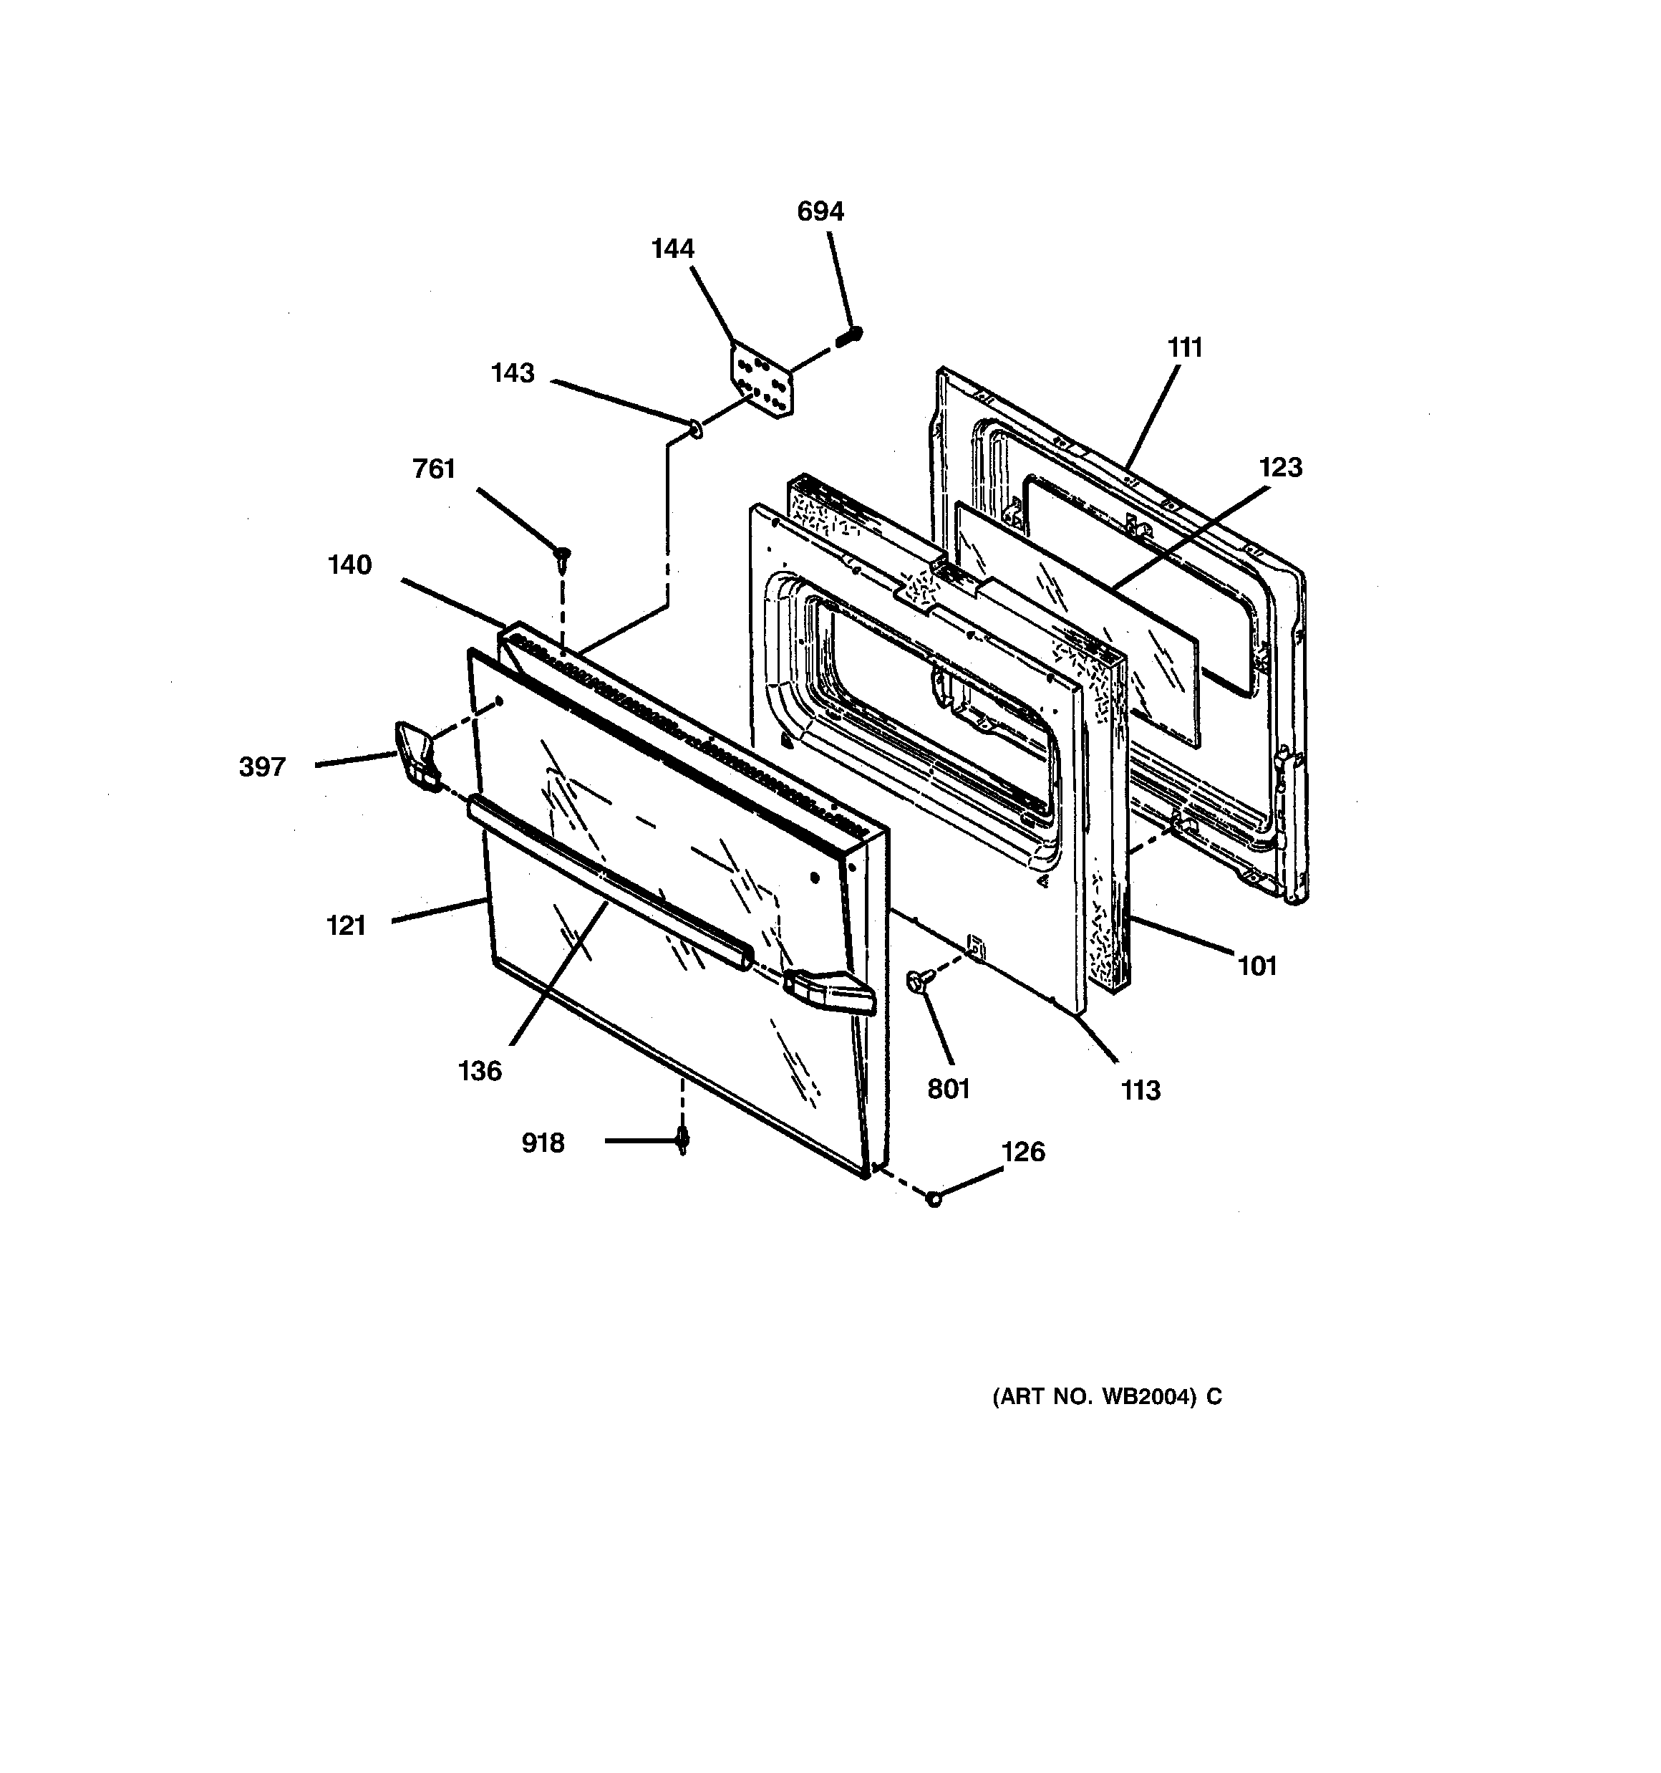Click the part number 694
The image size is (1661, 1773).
(x=819, y=211)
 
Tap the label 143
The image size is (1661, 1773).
(x=513, y=373)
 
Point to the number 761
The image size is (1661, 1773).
(x=433, y=469)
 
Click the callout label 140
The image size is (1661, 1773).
(x=349, y=564)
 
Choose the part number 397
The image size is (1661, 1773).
(x=262, y=767)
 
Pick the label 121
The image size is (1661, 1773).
(x=346, y=926)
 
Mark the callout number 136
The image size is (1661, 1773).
(x=480, y=1070)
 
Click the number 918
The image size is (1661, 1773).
(x=543, y=1143)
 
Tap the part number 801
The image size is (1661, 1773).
(x=948, y=1089)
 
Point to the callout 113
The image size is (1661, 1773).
(x=1141, y=1090)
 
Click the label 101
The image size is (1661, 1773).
(x=1257, y=965)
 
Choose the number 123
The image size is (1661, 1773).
(x=1280, y=467)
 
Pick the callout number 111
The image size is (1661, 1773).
(x=1185, y=348)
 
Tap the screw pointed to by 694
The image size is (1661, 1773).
(x=851, y=336)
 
